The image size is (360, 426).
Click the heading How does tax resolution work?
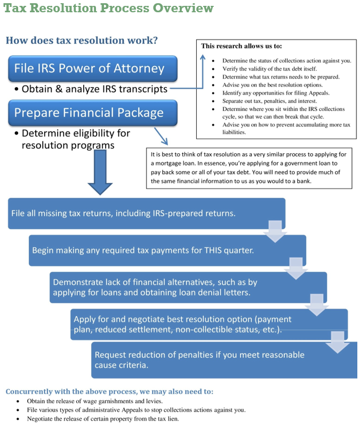point(81,41)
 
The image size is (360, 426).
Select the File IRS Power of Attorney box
point(89,68)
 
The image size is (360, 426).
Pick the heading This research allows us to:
point(242,46)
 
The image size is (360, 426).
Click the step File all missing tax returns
point(123,213)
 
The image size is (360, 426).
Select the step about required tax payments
point(142,250)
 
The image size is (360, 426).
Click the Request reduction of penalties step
point(198,360)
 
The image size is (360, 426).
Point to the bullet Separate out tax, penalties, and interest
point(272,101)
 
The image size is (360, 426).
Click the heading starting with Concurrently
point(109,391)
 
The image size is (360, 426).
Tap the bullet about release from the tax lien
point(102,419)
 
